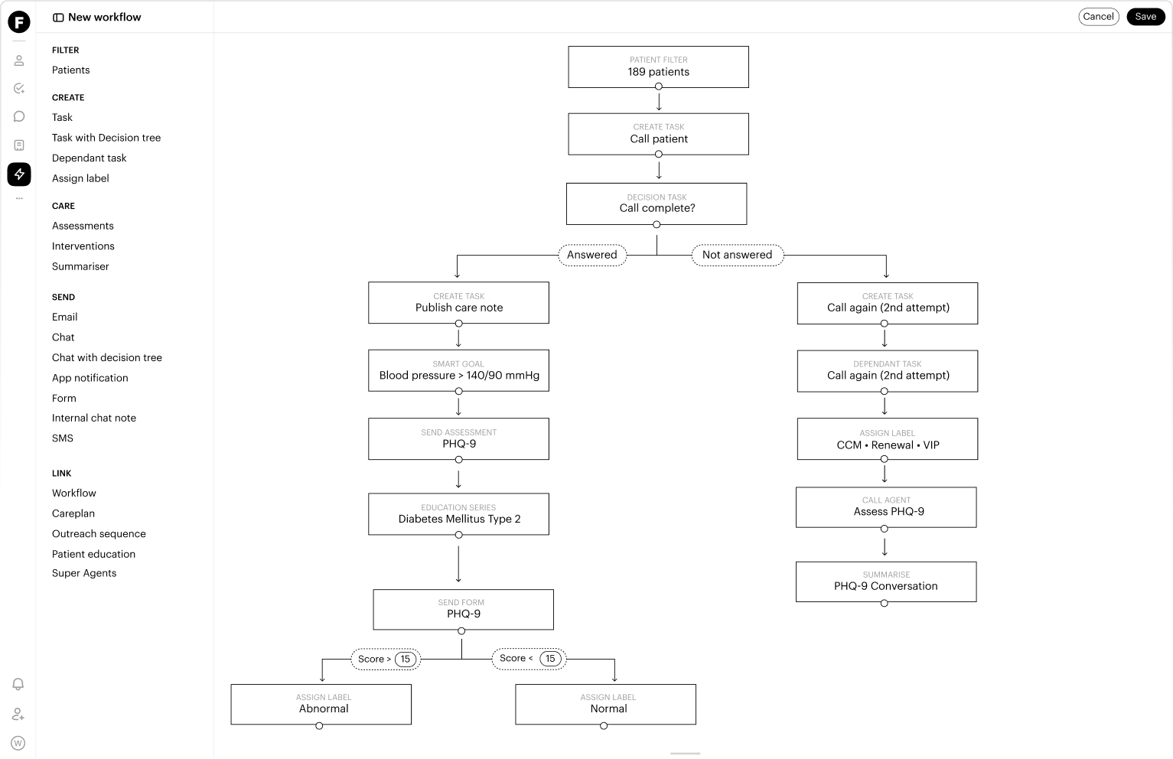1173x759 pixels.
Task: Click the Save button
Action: [x=1145, y=17]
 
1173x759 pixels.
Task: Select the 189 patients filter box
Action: [x=658, y=67]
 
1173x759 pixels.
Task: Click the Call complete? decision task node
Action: [x=657, y=204]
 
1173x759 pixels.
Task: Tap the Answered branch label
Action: [x=592, y=255]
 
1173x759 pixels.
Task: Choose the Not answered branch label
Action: [x=738, y=255]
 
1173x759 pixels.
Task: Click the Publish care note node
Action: [x=459, y=303]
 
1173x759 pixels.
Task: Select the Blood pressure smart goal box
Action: [x=459, y=370]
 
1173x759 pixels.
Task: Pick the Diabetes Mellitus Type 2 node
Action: [x=459, y=514]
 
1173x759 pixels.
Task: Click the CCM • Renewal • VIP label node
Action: [x=888, y=439]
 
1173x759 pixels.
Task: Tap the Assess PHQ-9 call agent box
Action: [x=886, y=507]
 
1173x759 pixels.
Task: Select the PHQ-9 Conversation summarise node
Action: [x=886, y=582]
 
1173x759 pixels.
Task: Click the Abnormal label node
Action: [x=321, y=705]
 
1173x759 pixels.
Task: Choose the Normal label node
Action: [x=605, y=705]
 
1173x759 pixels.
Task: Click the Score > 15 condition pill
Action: [x=386, y=659]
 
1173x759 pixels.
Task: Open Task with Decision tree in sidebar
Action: [x=106, y=138]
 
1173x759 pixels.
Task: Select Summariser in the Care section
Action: [x=80, y=266]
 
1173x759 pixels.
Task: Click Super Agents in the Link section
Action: [x=84, y=573]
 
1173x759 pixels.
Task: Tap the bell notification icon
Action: [x=18, y=684]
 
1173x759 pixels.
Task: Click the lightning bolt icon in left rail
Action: [x=19, y=174]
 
